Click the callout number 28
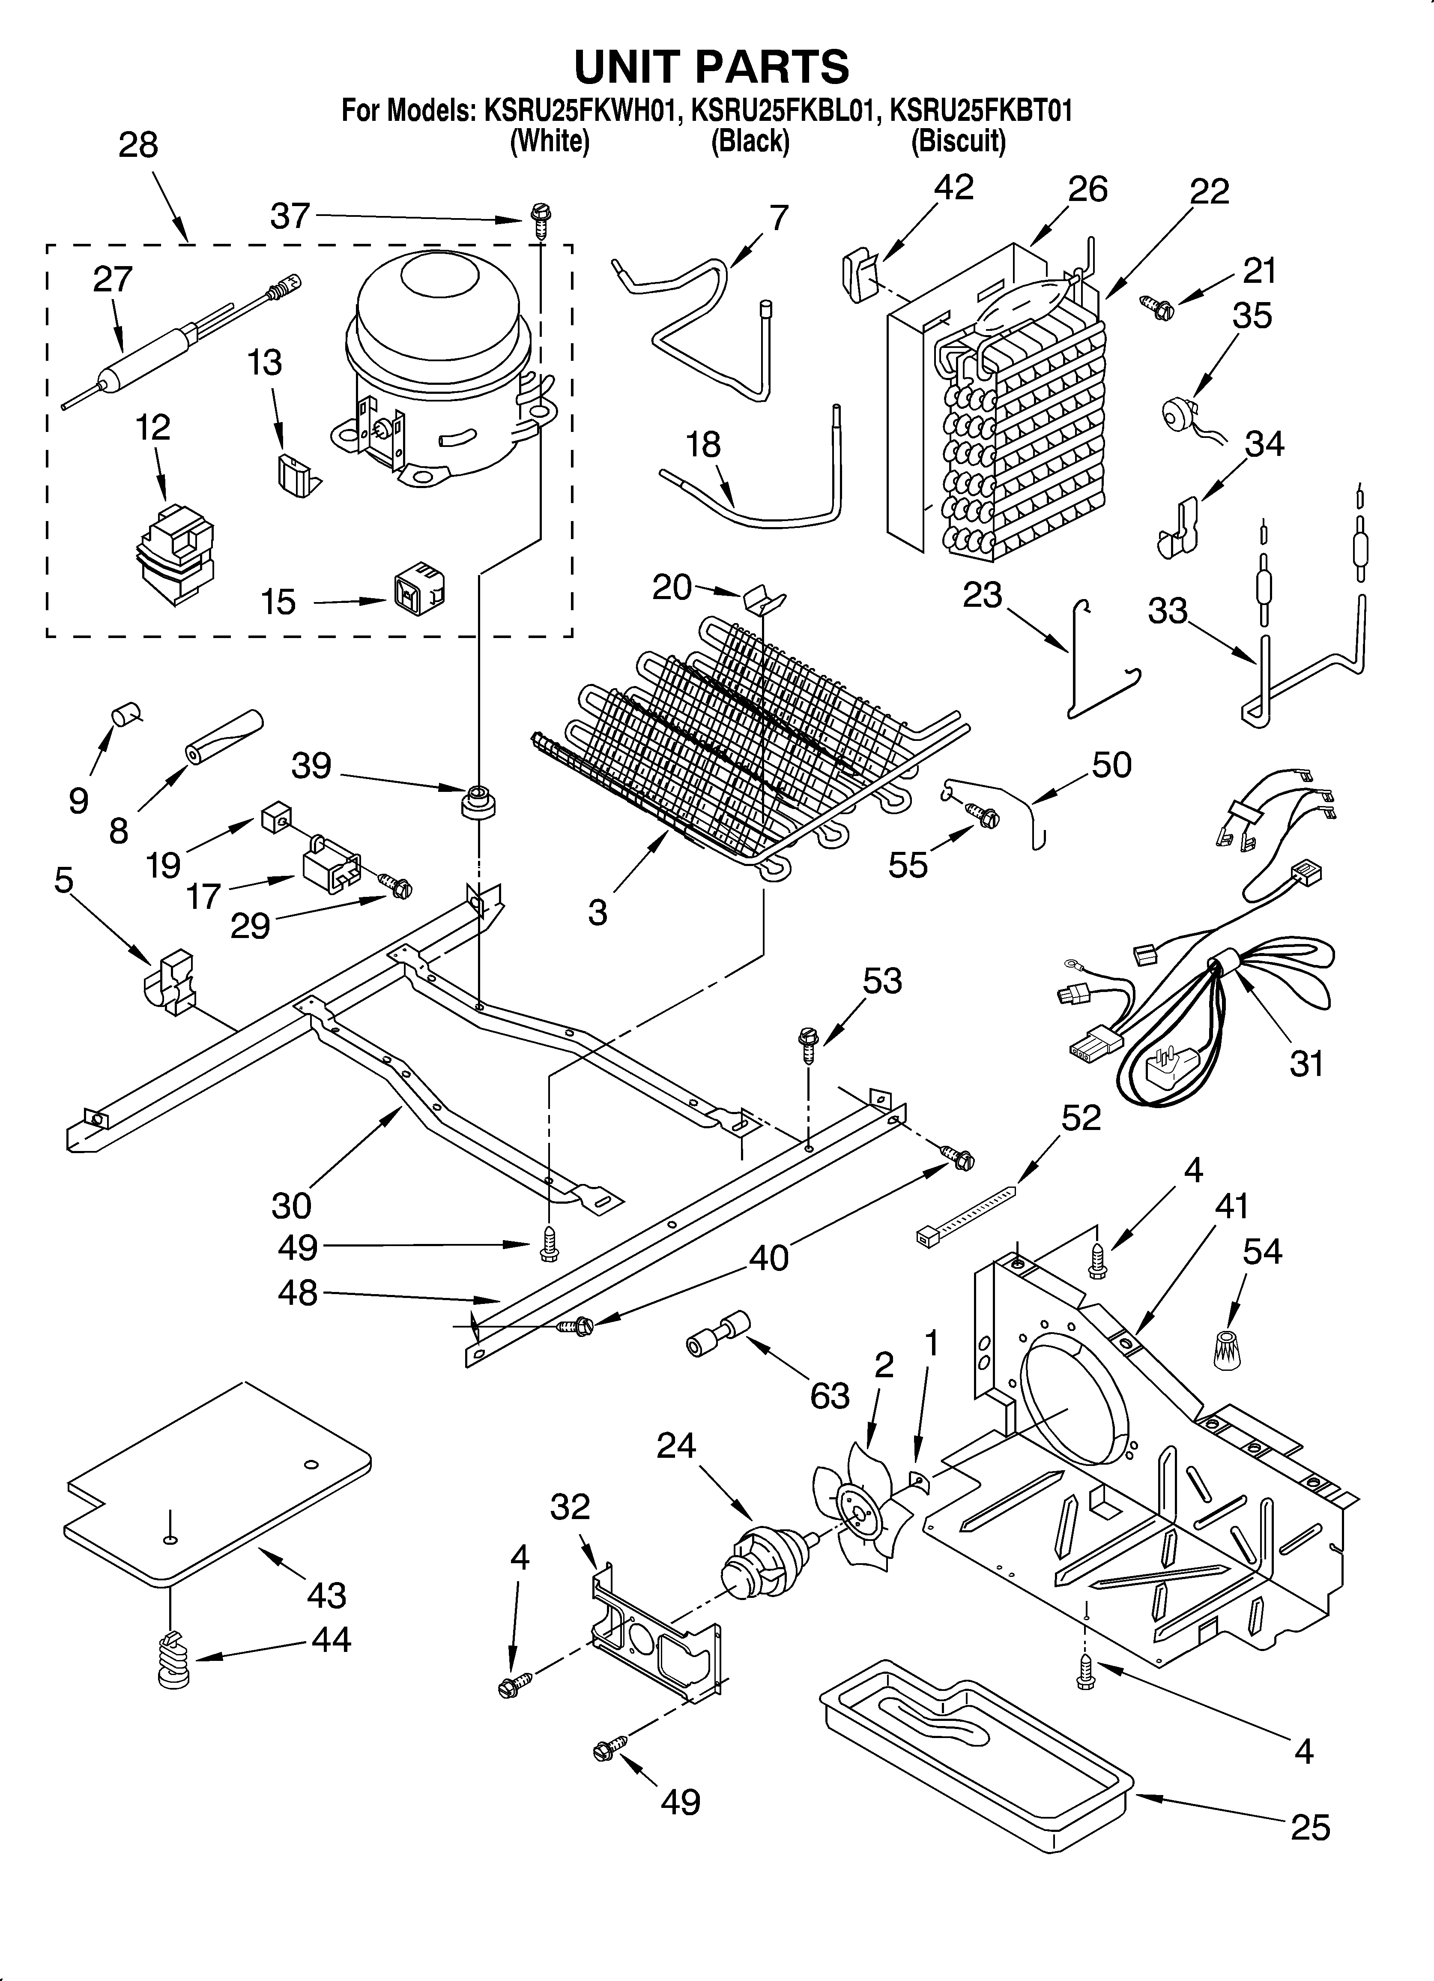(x=138, y=145)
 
